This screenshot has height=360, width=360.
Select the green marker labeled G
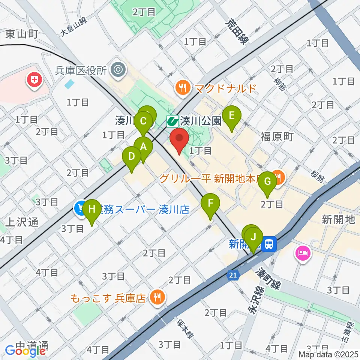click(x=268, y=182)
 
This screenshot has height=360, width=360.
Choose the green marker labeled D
click(x=132, y=157)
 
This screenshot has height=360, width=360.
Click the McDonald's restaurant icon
click(x=183, y=88)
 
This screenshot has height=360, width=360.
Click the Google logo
click(x=25, y=351)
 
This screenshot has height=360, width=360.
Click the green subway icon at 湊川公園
click(x=172, y=121)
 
